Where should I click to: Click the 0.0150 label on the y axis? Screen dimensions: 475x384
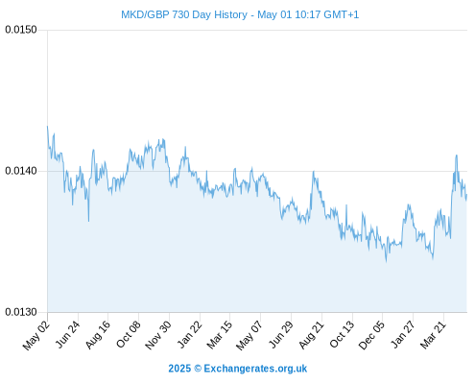[21, 30]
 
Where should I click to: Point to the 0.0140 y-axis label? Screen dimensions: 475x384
[21, 171]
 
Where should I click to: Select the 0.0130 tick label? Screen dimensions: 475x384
[21, 312]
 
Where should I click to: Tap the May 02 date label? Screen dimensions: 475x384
[36, 335]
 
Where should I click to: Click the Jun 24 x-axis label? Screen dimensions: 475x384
[67, 334]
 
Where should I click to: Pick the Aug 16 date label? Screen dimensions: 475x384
[98, 334]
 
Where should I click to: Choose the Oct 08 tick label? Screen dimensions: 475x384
[128, 334]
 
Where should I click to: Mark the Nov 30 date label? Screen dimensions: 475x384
[158, 335]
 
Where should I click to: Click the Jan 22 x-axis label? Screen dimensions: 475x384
[189, 334]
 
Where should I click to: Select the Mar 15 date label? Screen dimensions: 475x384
[219, 335]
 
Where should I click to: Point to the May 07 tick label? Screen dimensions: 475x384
[249, 335]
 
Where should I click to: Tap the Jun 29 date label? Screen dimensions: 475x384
[280, 334]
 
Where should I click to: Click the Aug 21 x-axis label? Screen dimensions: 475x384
[311, 334]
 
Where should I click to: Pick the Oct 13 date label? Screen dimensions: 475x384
[342, 334]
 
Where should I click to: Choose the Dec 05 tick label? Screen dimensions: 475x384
[371, 335]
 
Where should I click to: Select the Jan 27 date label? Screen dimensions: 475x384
[403, 334]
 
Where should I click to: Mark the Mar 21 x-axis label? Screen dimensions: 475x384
[433, 335]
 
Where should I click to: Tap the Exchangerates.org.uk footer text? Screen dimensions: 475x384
[255, 369]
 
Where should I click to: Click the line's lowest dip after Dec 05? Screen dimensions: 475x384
[387, 261]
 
